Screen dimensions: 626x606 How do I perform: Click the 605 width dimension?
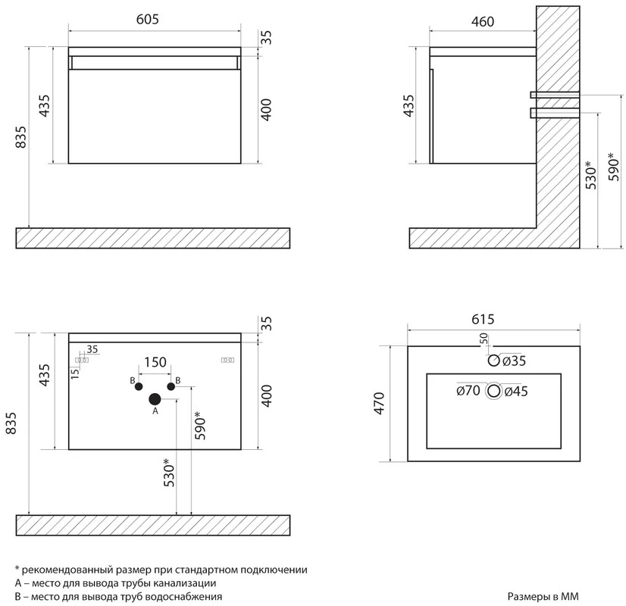point(148,19)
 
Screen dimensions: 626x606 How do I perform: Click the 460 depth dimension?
point(483,21)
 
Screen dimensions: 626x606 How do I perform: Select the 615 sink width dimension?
point(483,319)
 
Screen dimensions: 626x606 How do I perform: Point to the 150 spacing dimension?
point(155,362)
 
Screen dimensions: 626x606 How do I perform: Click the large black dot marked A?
point(155,398)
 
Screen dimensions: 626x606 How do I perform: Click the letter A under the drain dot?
point(155,411)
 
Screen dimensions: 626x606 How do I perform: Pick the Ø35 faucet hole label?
point(514,361)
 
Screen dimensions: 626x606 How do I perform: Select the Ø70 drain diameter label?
point(468,390)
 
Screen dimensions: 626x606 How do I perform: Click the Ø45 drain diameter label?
point(516,392)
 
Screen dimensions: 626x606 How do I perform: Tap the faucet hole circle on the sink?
point(494,361)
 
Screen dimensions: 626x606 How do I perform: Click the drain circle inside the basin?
point(494,391)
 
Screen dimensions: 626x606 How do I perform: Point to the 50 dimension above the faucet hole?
point(484,339)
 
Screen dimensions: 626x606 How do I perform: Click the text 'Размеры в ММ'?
point(543,596)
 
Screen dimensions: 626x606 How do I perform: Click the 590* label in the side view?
point(615,167)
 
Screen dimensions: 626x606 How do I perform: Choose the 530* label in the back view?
point(169,473)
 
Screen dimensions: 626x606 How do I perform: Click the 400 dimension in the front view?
point(266,110)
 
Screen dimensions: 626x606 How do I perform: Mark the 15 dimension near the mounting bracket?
point(75,373)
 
